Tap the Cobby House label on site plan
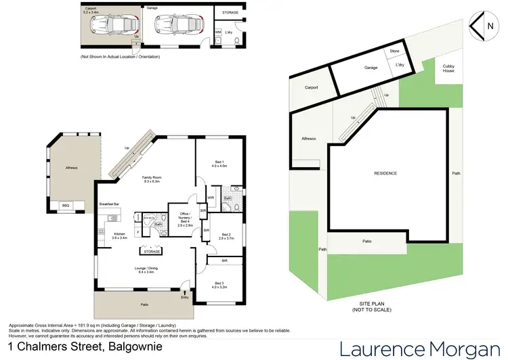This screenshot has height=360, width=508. point(448,68)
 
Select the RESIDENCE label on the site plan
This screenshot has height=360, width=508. point(385,173)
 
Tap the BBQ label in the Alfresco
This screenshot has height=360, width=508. point(65,204)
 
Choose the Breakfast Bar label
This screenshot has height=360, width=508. point(109,204)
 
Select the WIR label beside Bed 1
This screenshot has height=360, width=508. point(211,198)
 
